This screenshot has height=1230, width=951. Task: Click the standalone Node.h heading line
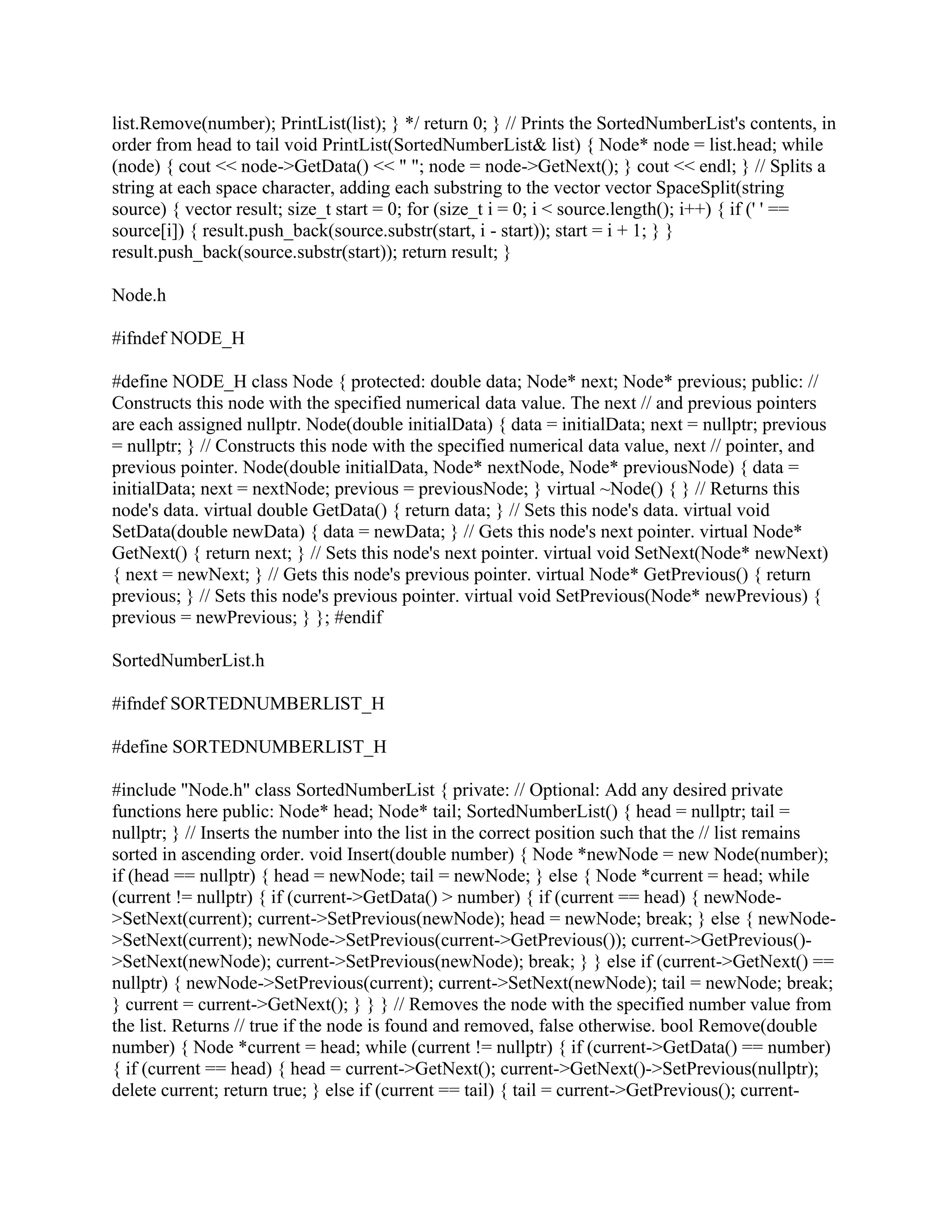tap(138, 295)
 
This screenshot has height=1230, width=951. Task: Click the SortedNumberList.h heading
tap(188, 660)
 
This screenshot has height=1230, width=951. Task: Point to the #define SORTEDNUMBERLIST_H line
tap(249, 747)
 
